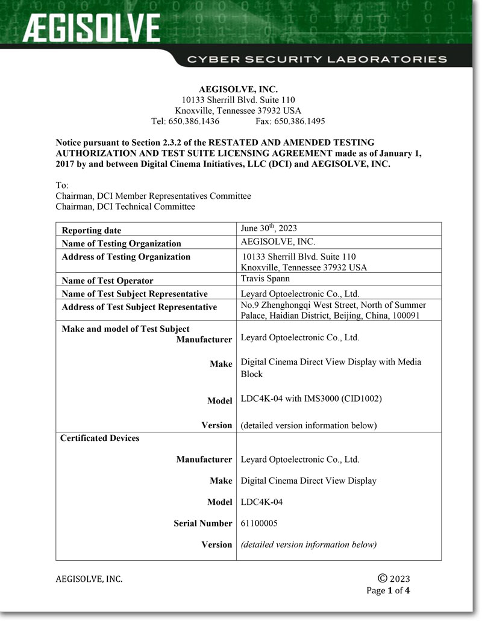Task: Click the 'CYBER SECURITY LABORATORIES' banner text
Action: click(317, 59)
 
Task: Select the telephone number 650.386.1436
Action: click(193, 121)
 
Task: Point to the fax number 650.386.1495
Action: click(299, 121)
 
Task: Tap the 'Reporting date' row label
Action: click(92, 230)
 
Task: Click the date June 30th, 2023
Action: click(269, 228)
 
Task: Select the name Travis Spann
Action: click(265, 279)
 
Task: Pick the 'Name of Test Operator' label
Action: click(107, 281)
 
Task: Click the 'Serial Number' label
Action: click(202, 523)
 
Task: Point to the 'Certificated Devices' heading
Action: click(99, 438)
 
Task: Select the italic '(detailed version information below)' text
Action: click(308, 545)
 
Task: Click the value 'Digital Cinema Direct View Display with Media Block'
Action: click(331, 367)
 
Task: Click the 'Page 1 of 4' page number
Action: click(388, 590)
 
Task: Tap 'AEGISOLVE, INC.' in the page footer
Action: click(89, 579)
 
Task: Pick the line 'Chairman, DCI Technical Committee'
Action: click(125, 207)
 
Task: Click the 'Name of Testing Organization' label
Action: click(121, 243)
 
